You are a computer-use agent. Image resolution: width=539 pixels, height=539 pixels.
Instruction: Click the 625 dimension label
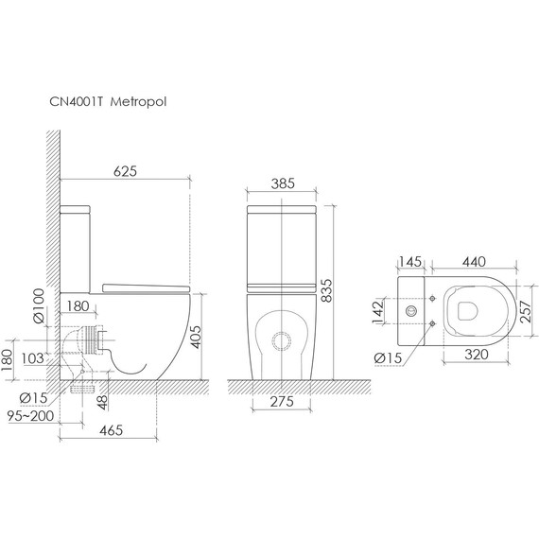coord(125,171)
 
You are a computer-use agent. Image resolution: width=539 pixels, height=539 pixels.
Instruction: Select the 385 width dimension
coord(283,183)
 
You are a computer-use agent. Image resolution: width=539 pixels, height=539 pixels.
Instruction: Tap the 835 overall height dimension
coord(326,290)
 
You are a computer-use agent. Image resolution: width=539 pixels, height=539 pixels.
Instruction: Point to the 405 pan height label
coord(196,337)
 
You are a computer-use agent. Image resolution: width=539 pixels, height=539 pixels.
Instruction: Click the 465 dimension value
coord(111,430)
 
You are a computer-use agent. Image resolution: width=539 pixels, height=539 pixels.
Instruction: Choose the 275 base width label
coord(282,401)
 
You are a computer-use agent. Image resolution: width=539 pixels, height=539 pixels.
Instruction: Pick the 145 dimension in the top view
coord(410,262)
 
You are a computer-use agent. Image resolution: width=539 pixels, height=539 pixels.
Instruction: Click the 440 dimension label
coord(474,262)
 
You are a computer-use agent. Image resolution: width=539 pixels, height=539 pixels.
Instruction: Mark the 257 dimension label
coord(526,311)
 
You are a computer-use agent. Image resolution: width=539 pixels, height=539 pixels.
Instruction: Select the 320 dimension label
coord(477,355)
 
